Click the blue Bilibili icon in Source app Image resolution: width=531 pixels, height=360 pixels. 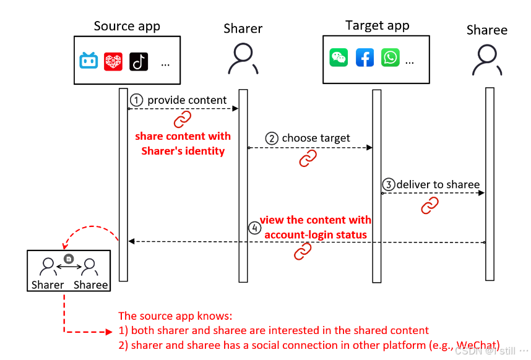click(x=89, y=61)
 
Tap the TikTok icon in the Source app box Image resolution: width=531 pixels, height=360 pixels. click(x=139, y=61)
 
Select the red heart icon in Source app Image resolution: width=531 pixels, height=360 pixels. click(x=113, y=61)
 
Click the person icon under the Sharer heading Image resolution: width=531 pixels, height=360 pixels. click(x=243, y=59)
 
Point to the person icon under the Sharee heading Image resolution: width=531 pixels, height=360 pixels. click(x=486, y=61)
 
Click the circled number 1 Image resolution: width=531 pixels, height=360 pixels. click(x=137, y=100)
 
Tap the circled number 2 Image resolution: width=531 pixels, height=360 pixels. click(x=272, y=139)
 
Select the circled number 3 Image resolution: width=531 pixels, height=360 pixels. click(x=388, y=184)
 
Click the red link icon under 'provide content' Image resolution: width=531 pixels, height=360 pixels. click(x=183, y=119)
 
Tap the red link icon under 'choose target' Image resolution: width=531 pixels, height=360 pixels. click(x=308, y=158)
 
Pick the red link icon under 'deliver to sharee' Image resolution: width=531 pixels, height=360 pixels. click(x=430, y=205)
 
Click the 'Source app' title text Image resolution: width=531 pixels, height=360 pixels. click(x=127, y=26)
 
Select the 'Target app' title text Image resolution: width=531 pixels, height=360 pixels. click(x=377, y=25)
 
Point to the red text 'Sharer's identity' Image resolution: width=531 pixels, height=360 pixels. click(x=183, y=150)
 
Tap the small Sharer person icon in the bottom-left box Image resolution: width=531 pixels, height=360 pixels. click(x=48, y=267)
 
